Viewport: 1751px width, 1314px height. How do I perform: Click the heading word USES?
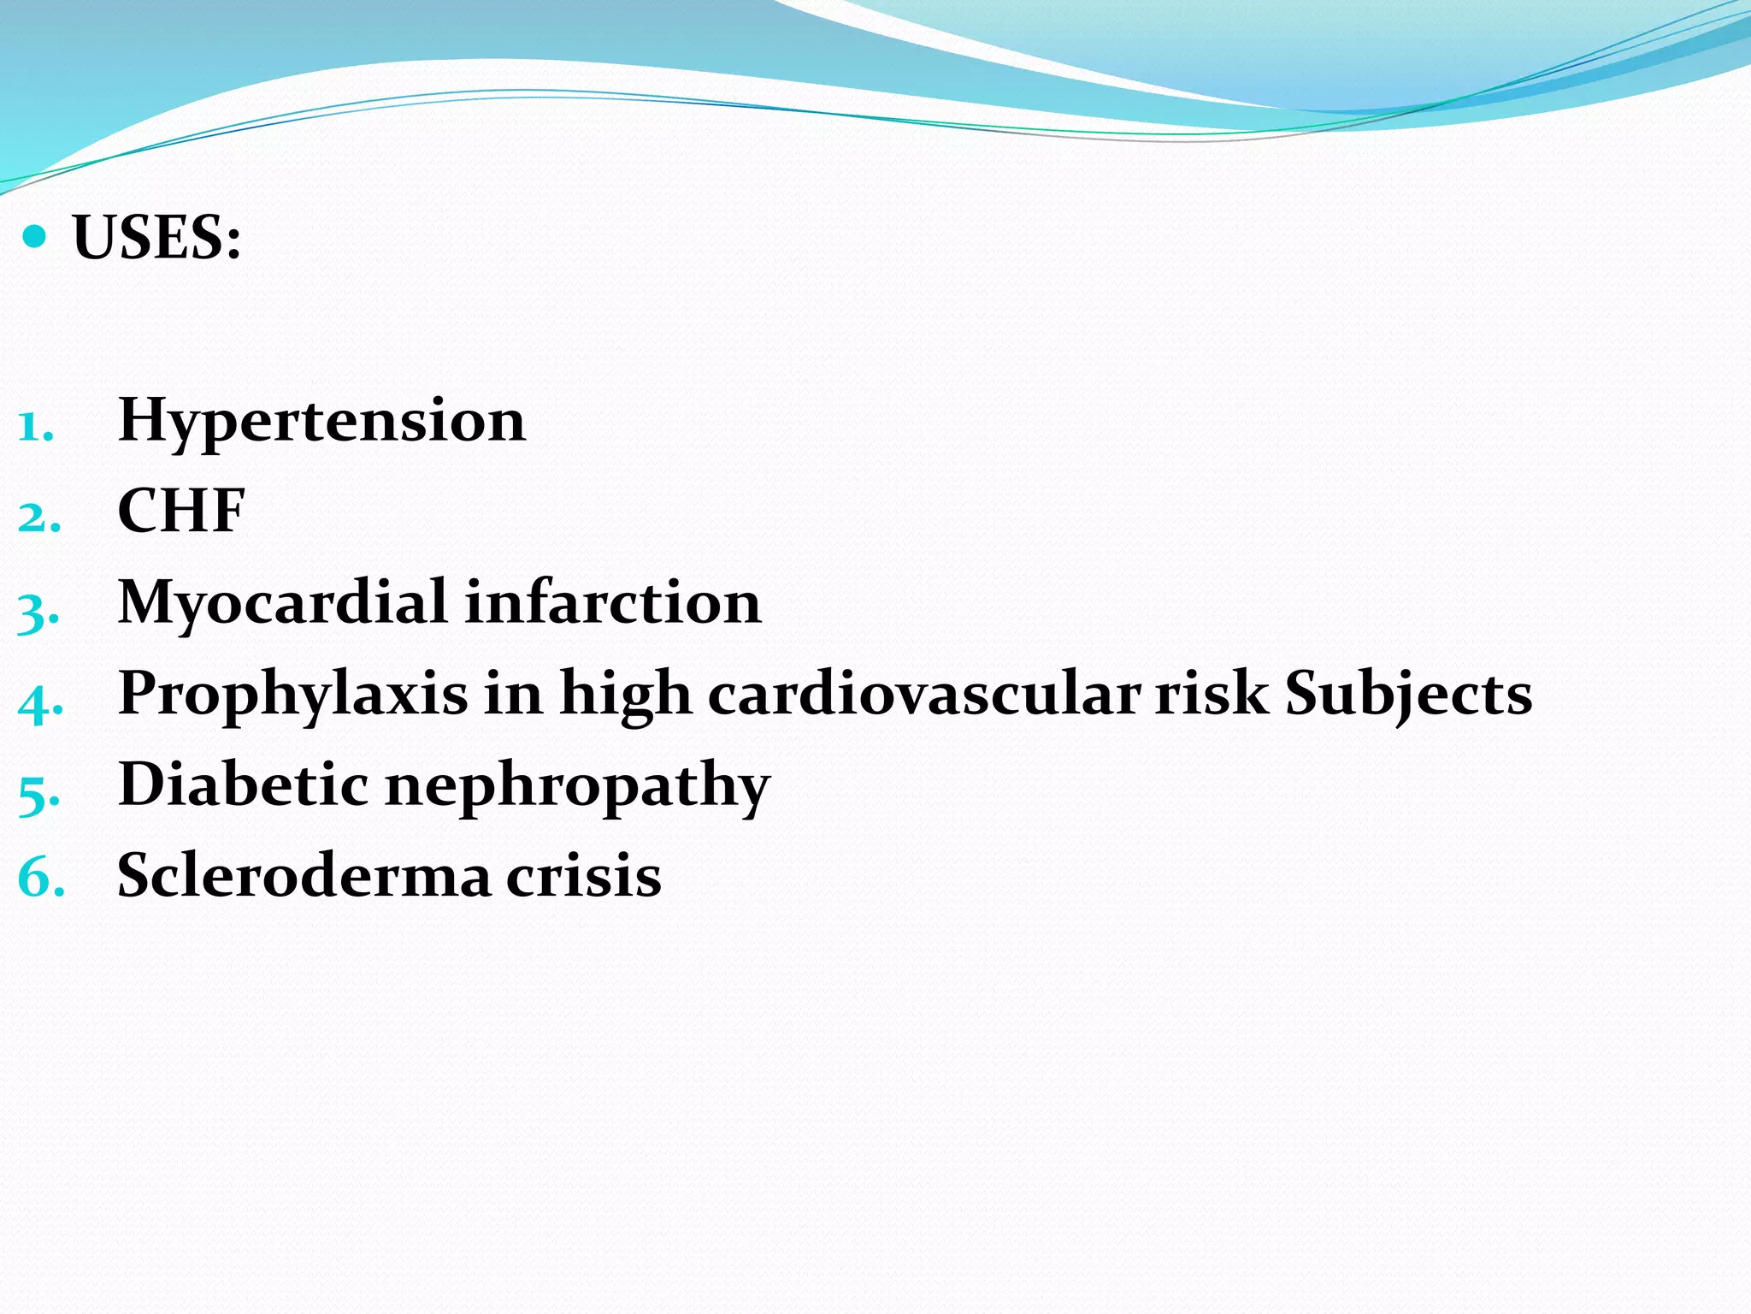click(157, 238)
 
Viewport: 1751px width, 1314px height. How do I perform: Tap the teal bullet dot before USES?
click(34, 236)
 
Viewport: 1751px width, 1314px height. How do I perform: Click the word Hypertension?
click(321, 422)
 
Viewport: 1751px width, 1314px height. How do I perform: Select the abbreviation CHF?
click(181, 512)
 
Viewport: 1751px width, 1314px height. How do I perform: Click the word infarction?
click(612, 602)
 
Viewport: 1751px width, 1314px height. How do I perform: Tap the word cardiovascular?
click(924, 693)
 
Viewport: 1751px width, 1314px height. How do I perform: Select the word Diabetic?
click(244, 784)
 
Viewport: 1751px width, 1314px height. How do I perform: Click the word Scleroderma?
click(304, 875)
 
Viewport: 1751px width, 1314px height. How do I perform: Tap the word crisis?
click(584, 875)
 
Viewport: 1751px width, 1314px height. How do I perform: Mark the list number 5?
click(38, 794)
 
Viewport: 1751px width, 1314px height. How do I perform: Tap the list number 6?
click(39, 879)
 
